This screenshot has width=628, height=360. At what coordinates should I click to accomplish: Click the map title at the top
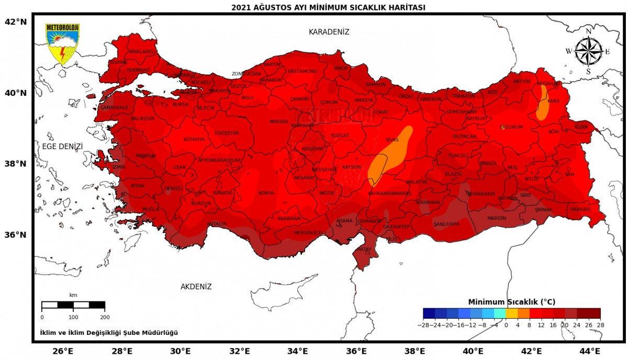click(328, 7)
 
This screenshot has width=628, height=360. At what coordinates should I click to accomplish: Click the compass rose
click(588, 51)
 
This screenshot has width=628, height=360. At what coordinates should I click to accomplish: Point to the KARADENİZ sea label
click(329, 32)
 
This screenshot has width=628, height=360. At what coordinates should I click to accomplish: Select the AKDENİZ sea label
click(196, 287)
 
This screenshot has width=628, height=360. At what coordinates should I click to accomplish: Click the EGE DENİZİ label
click(63, 146)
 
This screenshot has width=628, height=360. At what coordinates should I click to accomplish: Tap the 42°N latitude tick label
click(16, 22)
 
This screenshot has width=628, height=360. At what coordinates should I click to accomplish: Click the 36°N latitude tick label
click(16, 234)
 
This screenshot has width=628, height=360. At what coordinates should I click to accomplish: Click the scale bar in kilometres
click(73, 305)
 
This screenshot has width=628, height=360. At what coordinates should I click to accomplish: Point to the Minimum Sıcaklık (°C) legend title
click(511, 302)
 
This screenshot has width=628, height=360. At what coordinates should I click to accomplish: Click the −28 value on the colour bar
click(423, 325)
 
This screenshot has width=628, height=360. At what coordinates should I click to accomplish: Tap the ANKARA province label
click(278, 121)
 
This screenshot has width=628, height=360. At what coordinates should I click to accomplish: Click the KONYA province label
click(266, 193)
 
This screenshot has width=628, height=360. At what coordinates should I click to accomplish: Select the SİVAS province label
click(392, 140)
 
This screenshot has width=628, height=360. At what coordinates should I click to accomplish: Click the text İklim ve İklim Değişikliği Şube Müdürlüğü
click(109, 333)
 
